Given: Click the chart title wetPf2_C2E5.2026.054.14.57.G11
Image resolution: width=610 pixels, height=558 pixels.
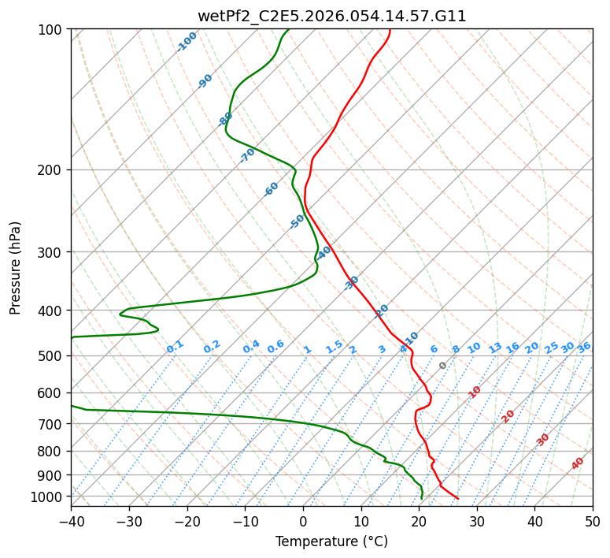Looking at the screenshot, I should point(331,16).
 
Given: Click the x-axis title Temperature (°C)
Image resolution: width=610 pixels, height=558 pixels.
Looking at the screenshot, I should point(331,541).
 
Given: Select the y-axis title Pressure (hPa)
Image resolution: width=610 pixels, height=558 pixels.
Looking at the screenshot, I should point(16,268).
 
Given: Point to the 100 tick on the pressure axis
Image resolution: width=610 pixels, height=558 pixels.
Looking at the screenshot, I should point(52,30).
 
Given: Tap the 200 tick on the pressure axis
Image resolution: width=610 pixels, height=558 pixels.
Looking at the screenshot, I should point(52,170).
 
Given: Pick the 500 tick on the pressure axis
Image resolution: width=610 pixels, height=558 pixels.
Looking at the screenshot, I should point(52,356).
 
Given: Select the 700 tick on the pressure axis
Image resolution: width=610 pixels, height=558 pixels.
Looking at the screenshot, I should point(52,424).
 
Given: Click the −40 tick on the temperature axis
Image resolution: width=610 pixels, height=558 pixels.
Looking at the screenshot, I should point(71,521).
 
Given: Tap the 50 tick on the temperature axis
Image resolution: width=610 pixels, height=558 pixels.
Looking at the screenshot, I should point(593,521).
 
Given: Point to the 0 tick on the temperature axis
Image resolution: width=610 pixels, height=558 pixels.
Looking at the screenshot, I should point(303,521).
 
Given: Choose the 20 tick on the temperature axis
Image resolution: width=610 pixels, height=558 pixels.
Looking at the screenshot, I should point(419,521).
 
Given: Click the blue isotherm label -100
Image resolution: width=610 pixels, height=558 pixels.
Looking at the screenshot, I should point(187,42).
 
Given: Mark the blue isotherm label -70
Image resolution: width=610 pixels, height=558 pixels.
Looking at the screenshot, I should point(248,155).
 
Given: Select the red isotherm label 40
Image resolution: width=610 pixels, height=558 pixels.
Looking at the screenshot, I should point(578,463).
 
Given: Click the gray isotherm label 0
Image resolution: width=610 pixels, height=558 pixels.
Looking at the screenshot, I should point(443,366).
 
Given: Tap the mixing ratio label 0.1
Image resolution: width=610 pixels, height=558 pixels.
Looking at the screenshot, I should point(176,346).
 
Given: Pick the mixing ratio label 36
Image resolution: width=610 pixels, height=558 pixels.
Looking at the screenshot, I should point(584,347).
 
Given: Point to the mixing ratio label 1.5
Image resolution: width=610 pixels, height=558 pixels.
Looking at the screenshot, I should point(335,347).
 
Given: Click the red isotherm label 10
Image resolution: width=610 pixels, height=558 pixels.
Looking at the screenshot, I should point(475,392).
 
